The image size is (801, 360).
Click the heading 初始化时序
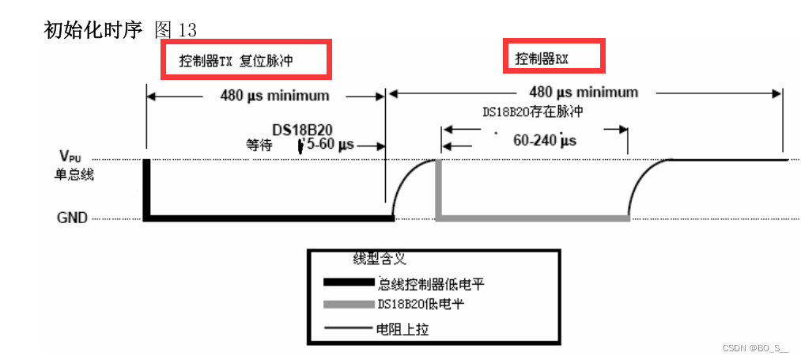pos(93,30)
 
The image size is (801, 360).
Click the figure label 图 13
pos(176,30)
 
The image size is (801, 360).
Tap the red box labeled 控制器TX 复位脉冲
pos(246,60)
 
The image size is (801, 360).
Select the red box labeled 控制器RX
pos(554,57)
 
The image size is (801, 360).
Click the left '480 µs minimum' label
pos(274,96)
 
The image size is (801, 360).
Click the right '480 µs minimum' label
pos(584,93)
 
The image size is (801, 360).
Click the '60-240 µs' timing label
pos(545,140)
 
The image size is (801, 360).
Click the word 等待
pos(259,146)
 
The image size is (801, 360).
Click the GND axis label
pos(72,218)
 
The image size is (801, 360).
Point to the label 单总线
pos(74,174)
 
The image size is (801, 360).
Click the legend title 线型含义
pos(380,259)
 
